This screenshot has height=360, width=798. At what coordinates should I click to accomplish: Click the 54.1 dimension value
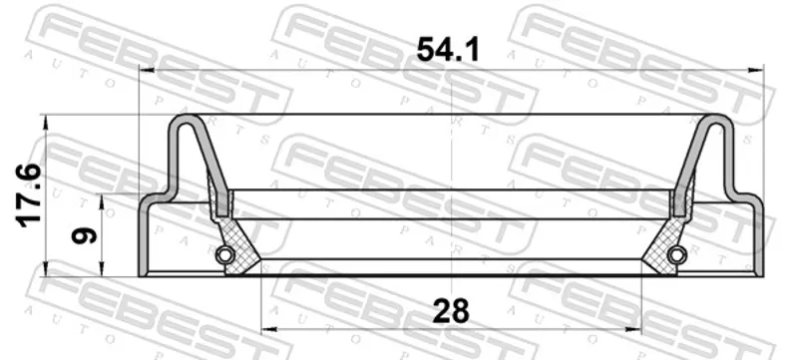pos(448,50)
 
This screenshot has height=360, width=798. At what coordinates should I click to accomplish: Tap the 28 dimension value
pos(451,311)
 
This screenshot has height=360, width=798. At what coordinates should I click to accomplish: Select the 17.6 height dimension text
pos(29,194)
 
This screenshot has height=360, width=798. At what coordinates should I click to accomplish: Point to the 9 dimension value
pos(84,236)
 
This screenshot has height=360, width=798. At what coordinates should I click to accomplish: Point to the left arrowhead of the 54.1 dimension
pos(145,70)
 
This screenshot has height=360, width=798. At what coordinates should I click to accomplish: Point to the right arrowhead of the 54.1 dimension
pos(757,70)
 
